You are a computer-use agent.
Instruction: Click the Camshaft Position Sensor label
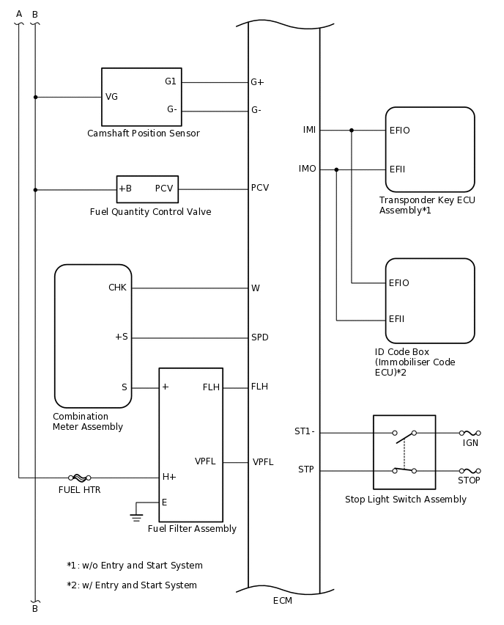(143, 134)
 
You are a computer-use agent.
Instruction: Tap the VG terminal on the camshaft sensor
(111, 97)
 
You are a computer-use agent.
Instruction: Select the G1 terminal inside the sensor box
(171, 81)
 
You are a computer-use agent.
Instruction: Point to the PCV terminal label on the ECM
(259, 188)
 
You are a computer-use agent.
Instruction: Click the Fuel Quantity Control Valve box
(147, 189)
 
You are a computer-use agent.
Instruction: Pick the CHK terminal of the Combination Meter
(117, 288)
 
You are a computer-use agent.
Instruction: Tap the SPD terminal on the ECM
(259, 337)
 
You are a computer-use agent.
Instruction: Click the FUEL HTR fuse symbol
(79, 478)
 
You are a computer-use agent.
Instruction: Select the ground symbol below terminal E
(136, 516)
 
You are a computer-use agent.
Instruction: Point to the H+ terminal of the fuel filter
(169, 477)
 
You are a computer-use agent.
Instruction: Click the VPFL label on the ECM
(263, 462)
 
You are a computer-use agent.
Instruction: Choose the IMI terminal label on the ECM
(309, 130)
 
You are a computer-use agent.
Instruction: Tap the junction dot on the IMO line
(336, 169)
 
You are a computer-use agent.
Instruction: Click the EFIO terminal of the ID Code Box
(399, 283)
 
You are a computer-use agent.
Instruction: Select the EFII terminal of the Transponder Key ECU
(397, 169)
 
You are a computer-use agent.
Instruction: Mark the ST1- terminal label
(305, 431)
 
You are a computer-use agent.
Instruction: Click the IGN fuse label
(470, 443)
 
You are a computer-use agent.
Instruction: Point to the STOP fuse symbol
(470, 470)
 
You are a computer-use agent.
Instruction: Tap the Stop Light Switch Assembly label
(405, 500)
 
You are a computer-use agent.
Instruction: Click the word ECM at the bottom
(282, 601)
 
